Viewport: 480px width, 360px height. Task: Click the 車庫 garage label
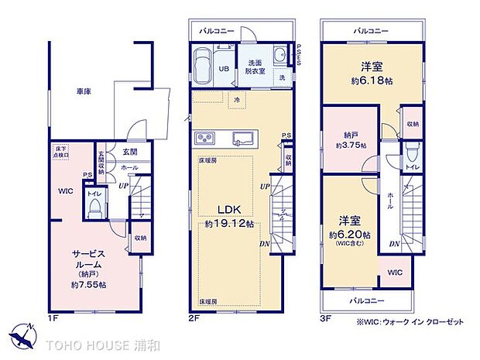(x=83, y=91)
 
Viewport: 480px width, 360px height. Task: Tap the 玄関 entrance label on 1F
(x=129, y=153)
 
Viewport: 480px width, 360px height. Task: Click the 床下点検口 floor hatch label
(x=60, y=149)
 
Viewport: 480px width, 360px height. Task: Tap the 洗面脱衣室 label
(x=257, y=65)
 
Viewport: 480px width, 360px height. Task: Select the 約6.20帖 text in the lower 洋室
(x=349, y=234)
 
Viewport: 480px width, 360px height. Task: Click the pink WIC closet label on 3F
(x=396, y=272)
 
